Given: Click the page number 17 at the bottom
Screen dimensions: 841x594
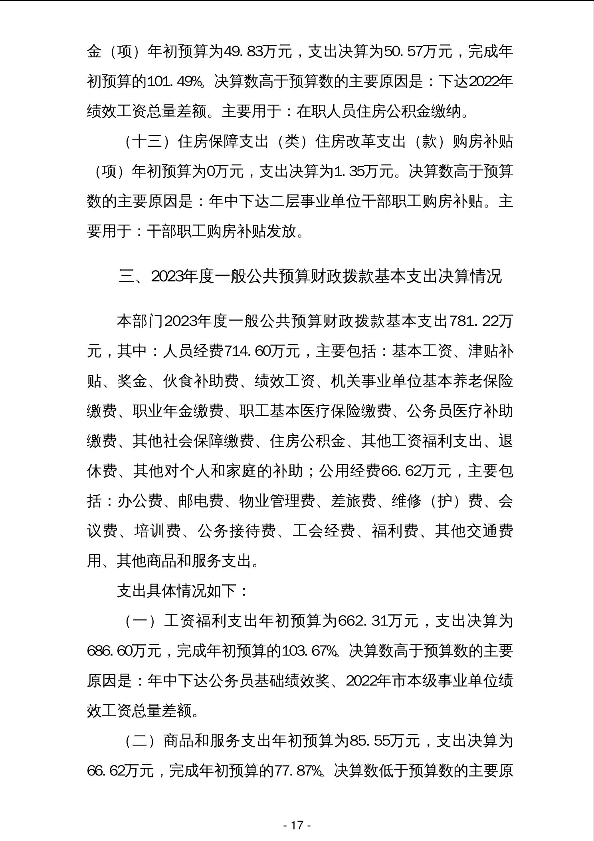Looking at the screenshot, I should point(297,825).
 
